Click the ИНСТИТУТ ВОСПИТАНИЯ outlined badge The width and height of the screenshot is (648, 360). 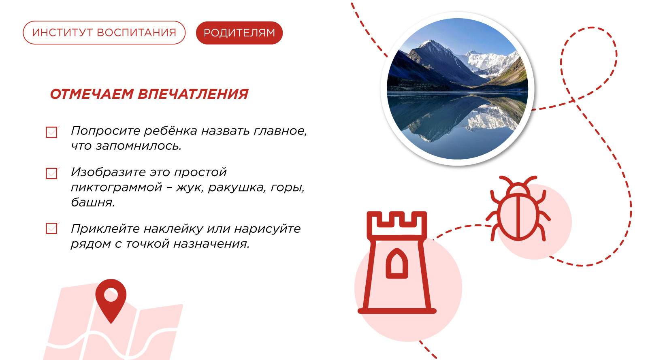104,33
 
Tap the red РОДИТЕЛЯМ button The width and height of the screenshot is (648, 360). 239,33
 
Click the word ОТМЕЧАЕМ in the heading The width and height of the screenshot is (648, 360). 92,94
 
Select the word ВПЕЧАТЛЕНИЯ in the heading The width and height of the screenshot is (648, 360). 193,94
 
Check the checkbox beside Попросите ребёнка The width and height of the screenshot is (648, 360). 51,132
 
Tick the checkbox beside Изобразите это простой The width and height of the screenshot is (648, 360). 51,173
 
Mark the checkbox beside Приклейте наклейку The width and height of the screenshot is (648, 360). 51,228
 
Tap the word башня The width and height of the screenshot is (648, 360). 93,202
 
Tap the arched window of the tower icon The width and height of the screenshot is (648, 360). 397,264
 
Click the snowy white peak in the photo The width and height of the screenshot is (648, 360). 489,62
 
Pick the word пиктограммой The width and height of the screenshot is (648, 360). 117,188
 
